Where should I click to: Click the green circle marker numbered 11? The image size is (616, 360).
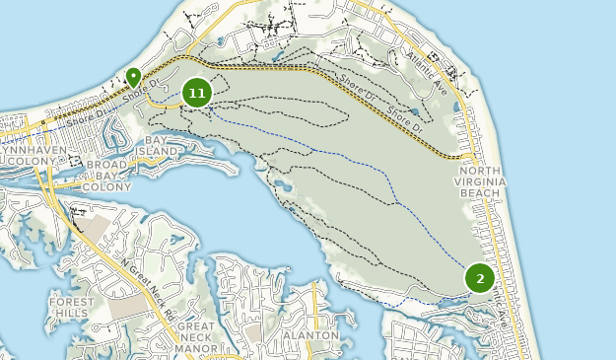pyautogui.click(x=197, y=93)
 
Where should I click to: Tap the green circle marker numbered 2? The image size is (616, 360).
pyautogui.click(x=480, y=279)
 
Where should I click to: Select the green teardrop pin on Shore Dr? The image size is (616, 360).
pyautogui.click(x=134, y=76)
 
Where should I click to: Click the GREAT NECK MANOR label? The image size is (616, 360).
pyautogui.click(x=195, y=336)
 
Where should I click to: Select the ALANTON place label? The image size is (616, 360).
pyautogui.click(x=309, y=335)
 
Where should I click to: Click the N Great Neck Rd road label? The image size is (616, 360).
pyautogui.click(x=148, y=286)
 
